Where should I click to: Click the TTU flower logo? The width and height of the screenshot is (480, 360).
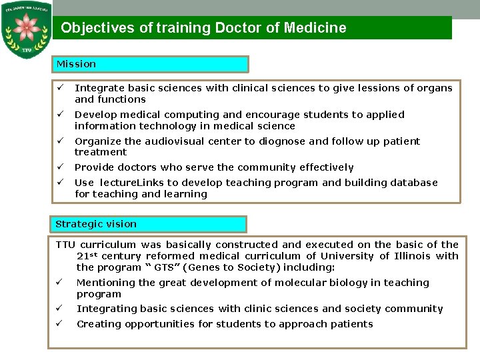pyautogui.click(x=27, y=30)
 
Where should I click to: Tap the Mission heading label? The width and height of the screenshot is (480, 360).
pyautogui.click(x=76, y=64)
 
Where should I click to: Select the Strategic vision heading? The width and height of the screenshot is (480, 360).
pyautogui.click(x=96, y=224)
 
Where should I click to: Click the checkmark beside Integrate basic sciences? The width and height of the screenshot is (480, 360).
pyautogui.click(x=59, y=88)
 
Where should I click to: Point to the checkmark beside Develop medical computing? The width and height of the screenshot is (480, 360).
pyautogui.click(x=59, y=115)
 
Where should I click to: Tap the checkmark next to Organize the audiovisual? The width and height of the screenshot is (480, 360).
pyautogui.click(x=59, y=141)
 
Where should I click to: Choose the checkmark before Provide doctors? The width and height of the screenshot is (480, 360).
pyautogui.click(x=59, y=167)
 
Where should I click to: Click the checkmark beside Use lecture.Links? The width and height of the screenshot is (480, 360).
pyautogui.click(x=59, y=183)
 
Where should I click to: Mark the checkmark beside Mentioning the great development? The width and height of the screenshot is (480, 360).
pyautogui.click(x=59, y=283)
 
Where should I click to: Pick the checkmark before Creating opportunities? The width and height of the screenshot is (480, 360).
pyautogui.click(x=59, y=324)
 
